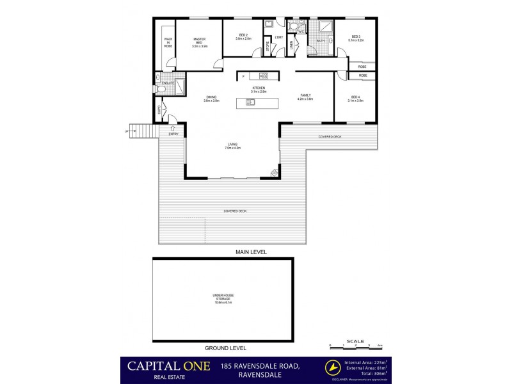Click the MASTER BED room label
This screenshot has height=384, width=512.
(x=199, y=43)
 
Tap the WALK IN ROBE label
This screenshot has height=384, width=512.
(x=168, y=43)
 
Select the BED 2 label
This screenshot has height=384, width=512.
(x=243, y=37)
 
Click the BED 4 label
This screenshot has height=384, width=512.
(x=355, y=98)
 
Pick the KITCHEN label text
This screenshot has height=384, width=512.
(x=259, y=90)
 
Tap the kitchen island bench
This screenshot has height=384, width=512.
(x=259, y=102)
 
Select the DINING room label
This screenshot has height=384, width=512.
(x=211, y=99)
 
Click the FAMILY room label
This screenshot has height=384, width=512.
(x=305, y=97)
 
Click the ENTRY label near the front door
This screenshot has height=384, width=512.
(x=173, y=134)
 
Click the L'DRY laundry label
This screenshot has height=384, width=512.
(x=278, y=37)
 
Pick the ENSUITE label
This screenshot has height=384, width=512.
(x=168, y=83)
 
